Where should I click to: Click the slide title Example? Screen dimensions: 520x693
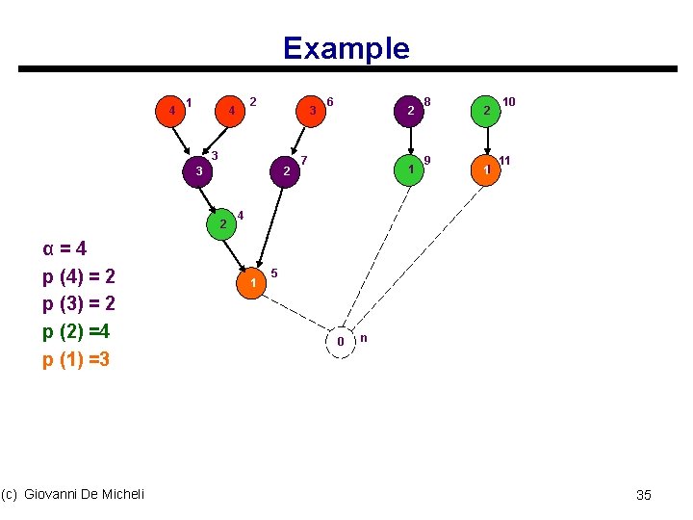click(346, 48)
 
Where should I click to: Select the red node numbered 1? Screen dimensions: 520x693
click(172, 111)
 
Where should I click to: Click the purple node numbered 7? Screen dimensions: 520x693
click(286, 171)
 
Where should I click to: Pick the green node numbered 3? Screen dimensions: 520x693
click(198, 171)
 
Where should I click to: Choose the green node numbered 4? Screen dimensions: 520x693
click(222, 223)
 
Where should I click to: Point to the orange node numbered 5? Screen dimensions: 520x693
click(252, 283)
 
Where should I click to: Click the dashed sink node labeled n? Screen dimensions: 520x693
click(341, 342)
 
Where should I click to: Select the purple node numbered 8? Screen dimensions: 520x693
click(411, 112)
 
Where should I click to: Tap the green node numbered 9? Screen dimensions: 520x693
click(411, 169)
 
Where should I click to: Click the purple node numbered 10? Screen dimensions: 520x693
click(487, 112)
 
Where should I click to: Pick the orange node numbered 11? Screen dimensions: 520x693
click(487, 169)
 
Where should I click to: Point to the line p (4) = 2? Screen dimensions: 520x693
click(79, 276)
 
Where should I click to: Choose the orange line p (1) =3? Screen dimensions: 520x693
click(77, 360)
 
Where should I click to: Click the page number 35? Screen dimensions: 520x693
click(644, 495)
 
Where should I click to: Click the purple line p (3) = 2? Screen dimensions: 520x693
click(79, 304)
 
